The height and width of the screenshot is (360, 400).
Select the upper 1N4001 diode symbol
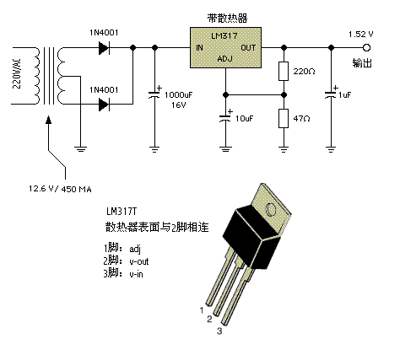pos(104,49)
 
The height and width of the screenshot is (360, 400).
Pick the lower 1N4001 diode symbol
pos(104,104)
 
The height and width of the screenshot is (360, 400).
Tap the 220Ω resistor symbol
pos(284,73)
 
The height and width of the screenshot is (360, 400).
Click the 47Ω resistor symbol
pos(284,117)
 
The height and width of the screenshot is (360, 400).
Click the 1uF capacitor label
pos(344,95)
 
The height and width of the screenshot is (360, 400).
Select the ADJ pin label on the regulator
pos(224,60)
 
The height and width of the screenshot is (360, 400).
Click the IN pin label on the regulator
pos(199,48)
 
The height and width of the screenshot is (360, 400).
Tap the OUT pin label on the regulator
pos(248,48)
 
